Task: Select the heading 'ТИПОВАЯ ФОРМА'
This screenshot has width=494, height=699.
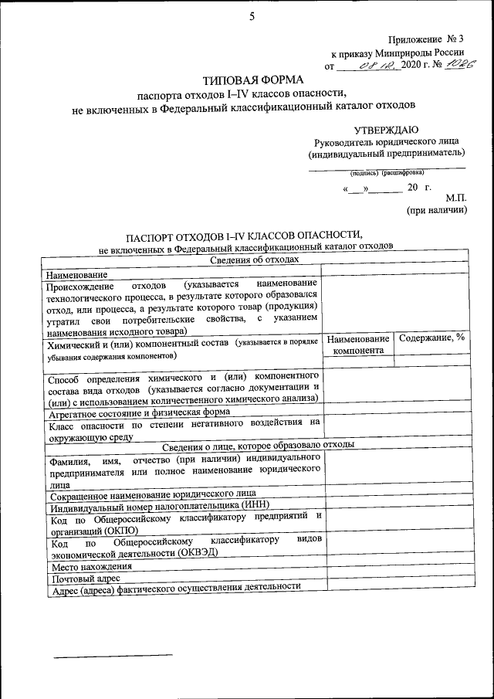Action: [253, 80]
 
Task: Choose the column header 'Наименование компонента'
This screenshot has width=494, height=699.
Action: [357, 344]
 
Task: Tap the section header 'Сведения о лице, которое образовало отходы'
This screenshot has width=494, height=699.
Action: [258, 445]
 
